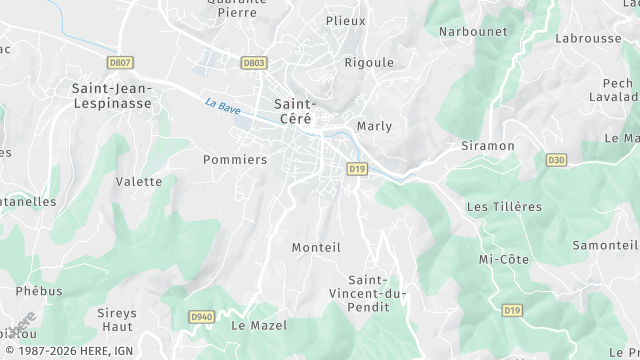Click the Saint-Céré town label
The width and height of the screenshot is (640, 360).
295,111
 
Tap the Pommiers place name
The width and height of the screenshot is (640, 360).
235,160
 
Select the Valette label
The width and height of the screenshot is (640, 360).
139,182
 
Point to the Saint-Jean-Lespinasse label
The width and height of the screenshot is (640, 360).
111,96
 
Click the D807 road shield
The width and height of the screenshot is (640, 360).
120,63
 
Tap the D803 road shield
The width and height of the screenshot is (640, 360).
254,63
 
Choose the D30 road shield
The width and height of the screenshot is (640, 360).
557,160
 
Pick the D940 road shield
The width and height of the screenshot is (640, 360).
201,317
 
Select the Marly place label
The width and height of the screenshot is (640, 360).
374,127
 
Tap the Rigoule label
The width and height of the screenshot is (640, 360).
369,62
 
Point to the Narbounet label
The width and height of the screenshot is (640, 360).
473,32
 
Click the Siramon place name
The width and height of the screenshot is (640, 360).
487,146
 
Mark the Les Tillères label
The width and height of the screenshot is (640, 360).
504,207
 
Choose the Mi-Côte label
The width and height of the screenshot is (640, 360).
504,259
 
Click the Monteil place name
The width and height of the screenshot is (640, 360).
316,247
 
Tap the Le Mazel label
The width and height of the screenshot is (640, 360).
259,326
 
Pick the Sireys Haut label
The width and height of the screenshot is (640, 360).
117,320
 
